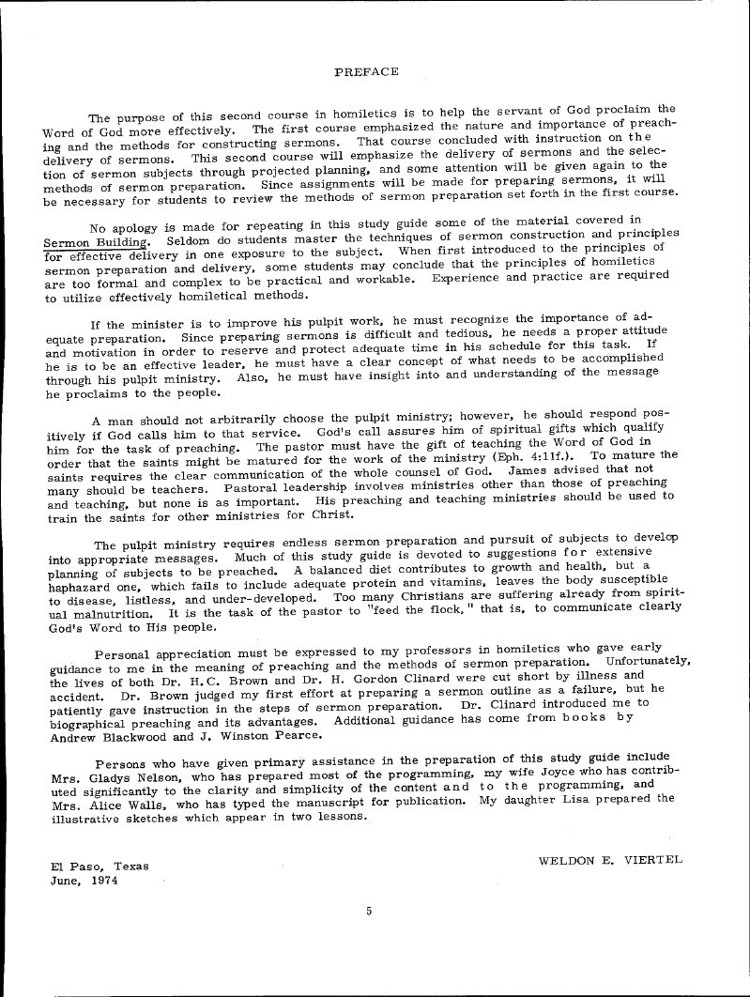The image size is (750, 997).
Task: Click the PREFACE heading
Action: (366, 71)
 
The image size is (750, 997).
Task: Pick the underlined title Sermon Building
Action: (90, 234)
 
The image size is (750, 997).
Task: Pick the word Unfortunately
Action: (648, 662)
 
